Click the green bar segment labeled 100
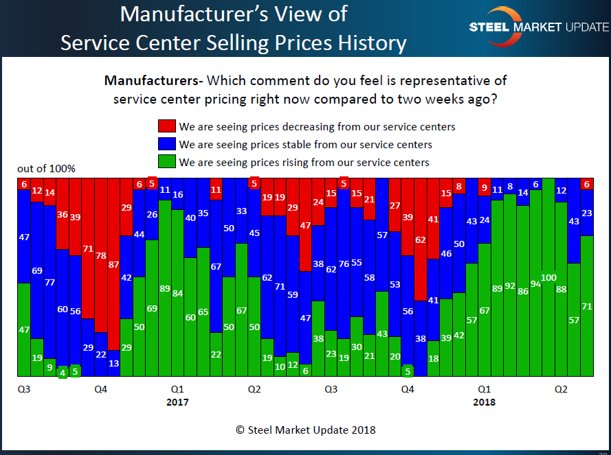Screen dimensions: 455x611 click(548, 277)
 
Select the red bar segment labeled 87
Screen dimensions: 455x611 click(113, 264)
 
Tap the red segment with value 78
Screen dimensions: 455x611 click(101, 255)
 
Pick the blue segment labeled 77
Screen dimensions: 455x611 click(49, 282)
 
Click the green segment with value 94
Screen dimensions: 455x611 click(535, 283)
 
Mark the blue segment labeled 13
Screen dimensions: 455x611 click(113, 364)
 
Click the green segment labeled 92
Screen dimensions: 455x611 click(510, 285)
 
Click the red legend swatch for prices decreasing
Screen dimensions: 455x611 click(166, 126)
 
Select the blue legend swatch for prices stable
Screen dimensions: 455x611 click(166, 144)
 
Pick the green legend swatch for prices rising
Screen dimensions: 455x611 click(166, 162)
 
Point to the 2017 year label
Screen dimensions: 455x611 click(177, 402)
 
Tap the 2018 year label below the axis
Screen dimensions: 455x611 click(484, 402)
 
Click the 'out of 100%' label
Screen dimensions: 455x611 click(47, 169)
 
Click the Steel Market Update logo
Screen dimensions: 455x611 click(538, 27)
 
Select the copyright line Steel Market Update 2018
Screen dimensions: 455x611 click(305, 430)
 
